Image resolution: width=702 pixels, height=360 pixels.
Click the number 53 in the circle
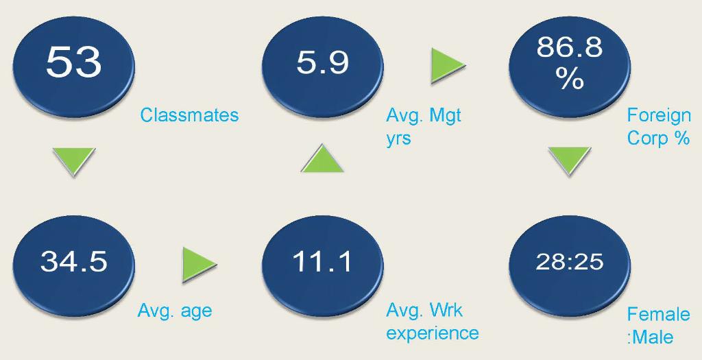(74, 62)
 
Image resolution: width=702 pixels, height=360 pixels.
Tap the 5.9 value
(322, 62)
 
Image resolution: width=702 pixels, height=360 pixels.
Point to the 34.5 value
(74, 261)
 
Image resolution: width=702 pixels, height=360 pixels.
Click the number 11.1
(322, 261)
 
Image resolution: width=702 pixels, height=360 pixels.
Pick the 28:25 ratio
(570, 261)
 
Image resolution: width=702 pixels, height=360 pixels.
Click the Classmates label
(189, 115)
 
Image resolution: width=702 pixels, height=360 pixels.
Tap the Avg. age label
(175, 311)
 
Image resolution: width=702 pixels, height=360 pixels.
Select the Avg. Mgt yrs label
(423, 127)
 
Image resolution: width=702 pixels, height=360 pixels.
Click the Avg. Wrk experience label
(433, 322)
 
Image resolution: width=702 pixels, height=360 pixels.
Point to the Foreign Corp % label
(659, 127)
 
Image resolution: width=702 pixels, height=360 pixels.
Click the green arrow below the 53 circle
(74, 160)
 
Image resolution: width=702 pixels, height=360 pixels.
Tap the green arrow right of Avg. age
(199, 264)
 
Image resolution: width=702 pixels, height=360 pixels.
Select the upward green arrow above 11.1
(322, 159)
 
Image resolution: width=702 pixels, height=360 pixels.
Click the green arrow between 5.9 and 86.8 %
(448, 65)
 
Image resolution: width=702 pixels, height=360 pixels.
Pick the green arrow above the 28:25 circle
(570, 160)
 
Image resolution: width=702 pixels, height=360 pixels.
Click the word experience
(433, 333)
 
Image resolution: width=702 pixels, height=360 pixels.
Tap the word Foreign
(659, 115)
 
